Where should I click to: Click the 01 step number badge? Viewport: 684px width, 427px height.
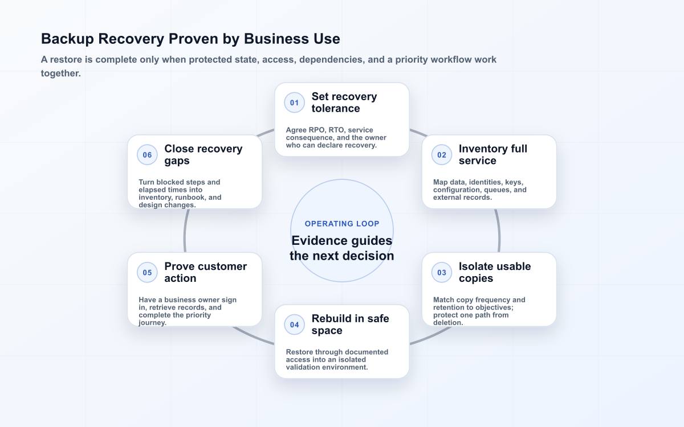click(294, 102)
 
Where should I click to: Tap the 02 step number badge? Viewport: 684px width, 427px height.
click(442, 155)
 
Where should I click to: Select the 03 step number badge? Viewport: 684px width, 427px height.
click(442, 272)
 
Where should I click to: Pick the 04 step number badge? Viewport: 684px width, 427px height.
click(294, 325)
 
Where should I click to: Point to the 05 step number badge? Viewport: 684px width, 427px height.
click(147, 272)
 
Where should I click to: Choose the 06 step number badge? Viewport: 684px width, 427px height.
click(147, 155)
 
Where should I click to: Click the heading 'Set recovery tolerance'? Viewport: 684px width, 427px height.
click(344, 102)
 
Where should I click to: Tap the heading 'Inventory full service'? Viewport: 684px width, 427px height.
click(493, 155)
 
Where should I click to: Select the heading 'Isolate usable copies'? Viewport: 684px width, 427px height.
click(495, 272)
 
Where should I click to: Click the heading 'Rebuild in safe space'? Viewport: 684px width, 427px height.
click(350, 325)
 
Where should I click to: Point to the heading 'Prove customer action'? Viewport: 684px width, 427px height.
click(206, 272)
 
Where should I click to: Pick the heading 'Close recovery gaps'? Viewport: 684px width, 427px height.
click(203, 155)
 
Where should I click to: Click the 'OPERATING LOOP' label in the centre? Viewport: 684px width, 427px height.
click(342, 224)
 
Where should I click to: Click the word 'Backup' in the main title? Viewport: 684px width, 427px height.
click(67, 39)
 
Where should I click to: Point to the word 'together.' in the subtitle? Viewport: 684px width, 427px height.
click(61, 73)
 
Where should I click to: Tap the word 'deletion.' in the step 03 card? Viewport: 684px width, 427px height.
click(448, 323)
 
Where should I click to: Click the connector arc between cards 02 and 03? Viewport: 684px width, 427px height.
click(499, 231)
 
